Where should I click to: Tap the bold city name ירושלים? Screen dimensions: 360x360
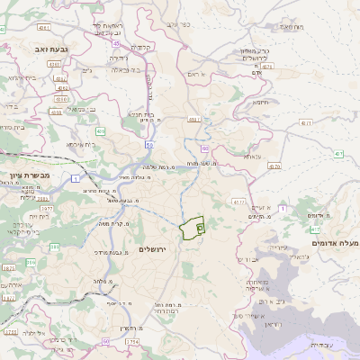click(x=155, y=247)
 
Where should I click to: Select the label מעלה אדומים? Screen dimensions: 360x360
click(x=335, y=244)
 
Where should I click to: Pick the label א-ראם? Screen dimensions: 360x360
click(x=197, y=74)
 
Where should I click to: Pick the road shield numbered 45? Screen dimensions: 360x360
click(x=116, y=43)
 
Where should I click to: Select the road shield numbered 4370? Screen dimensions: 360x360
click(x=274, y=166)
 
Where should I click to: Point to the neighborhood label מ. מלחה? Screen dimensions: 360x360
click(x=102, y=282)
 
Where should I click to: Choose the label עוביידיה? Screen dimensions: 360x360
click(x=321, y=345)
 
